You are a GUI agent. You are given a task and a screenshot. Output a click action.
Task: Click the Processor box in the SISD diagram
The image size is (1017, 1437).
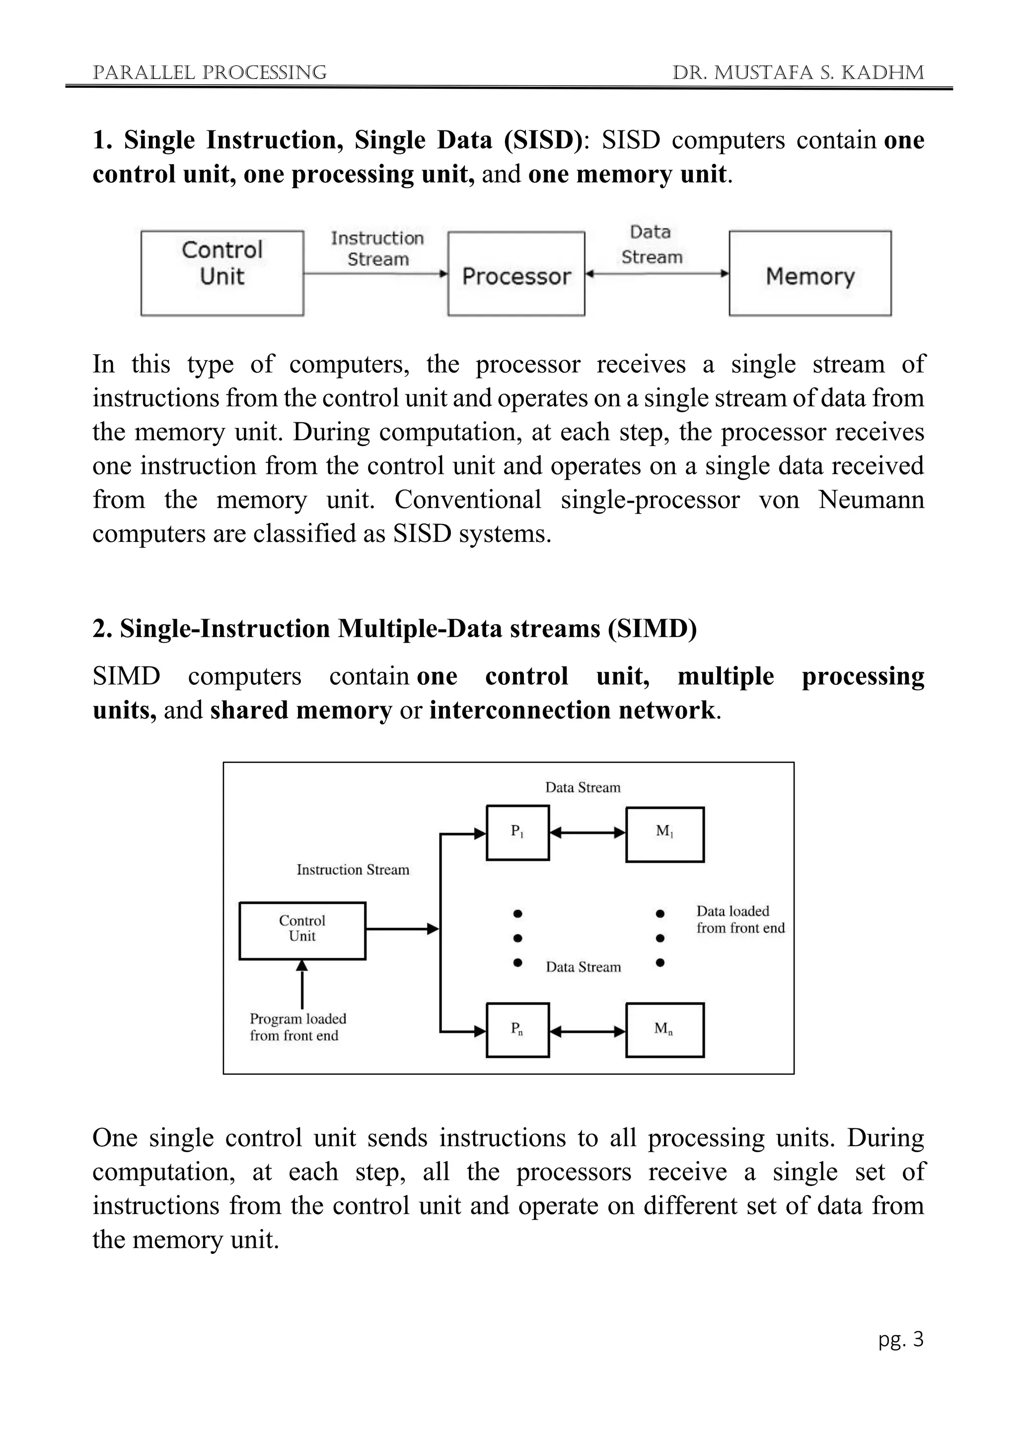516,273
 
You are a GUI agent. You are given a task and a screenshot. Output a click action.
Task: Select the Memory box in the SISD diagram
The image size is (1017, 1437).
810,273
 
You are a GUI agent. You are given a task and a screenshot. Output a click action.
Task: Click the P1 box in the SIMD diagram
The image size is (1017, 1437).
517,833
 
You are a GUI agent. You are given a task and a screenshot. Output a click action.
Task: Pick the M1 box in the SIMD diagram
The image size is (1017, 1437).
664,834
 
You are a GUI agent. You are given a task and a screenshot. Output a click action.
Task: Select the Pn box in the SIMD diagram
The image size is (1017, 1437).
517,1030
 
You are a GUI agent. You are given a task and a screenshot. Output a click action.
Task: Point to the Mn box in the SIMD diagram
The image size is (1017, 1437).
664,1030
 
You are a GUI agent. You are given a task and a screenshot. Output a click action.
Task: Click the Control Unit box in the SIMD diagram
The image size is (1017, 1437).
302,931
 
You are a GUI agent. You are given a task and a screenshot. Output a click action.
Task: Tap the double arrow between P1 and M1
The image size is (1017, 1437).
587,833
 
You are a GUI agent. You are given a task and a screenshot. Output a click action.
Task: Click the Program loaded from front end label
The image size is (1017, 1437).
297,1027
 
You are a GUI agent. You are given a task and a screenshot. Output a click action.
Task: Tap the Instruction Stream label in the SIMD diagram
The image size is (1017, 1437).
353,869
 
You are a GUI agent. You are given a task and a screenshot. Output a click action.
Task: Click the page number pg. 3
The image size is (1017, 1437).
900,1339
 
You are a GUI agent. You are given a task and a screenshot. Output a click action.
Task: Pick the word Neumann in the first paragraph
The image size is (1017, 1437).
871,500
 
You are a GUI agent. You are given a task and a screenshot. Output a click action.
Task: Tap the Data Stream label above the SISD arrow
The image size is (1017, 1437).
652,245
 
